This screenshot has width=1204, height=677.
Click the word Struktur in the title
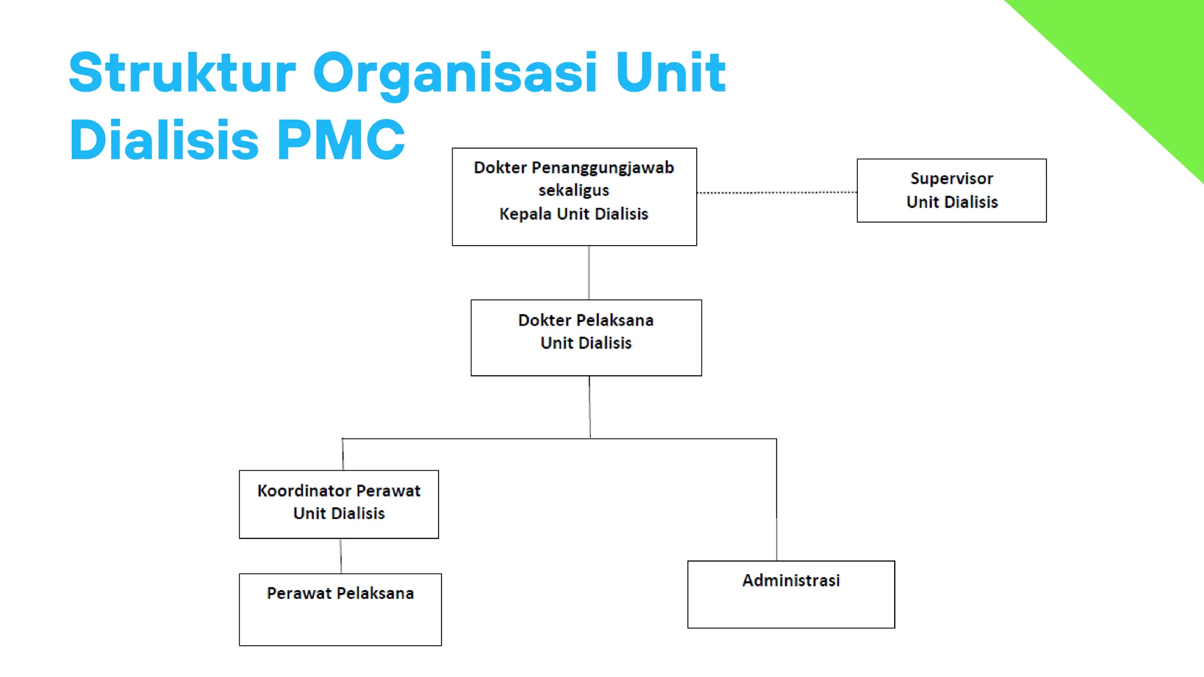[x=182, y=73]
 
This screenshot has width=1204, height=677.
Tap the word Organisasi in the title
[x=455, y=74]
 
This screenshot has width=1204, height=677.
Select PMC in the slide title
[x=340, y=140]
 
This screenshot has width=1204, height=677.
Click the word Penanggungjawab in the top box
[x=603, y=168]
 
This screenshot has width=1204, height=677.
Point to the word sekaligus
[x=574, y=190]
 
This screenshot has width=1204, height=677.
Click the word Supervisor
[x=952, y=179]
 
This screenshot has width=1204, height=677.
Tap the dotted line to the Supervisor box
[x=776, y=192]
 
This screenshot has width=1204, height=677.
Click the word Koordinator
[x=304, y=491]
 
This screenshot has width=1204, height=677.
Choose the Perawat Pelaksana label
[x=340, y=594]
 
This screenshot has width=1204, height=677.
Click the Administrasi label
[x=791, y=581]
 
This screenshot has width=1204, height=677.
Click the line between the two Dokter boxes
[x=588, y=273]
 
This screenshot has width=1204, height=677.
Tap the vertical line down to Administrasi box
[x=777, y=500]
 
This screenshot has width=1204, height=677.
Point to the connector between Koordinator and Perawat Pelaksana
[x=341, y=556]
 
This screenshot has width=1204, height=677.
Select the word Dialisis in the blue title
[x=164, y=140]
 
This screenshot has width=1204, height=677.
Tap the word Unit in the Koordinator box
[x=309, y=514]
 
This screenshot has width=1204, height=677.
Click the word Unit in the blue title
[x=671, y=73]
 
